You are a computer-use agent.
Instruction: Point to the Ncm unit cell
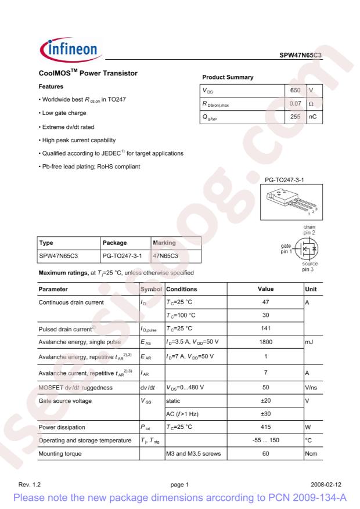311,453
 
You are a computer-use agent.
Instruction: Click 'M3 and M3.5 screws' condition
194,453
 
